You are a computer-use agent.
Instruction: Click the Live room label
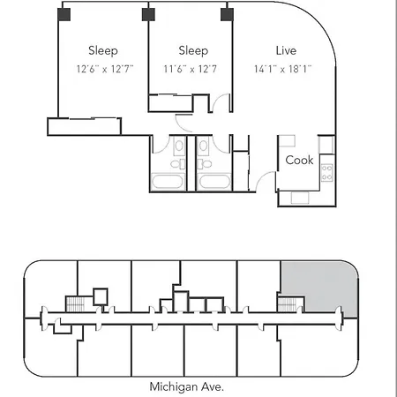[286, 50]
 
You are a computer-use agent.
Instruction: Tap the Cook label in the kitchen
[299, 161]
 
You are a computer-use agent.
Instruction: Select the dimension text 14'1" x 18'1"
[282, 69]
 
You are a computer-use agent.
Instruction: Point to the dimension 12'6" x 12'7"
[105, 69]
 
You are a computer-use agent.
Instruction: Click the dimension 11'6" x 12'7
[191, 69]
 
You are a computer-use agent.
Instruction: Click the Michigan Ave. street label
[187, 386]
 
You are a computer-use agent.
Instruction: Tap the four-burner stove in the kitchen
[327, 173]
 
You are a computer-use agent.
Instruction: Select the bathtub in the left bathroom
[168, 181]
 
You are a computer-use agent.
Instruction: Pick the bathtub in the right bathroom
[214, 182]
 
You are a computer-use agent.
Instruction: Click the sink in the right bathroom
[203, 146]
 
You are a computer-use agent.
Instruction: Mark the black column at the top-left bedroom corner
[64, 14]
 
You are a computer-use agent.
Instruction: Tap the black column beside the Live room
[227, 14]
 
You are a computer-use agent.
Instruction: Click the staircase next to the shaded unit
[287, 304]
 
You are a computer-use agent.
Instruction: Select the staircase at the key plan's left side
[75, 303]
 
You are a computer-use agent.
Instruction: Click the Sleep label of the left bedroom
[103, 51]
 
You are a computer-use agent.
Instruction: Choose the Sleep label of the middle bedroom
[193, 51]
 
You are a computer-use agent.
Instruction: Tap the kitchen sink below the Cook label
[300, 198]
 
